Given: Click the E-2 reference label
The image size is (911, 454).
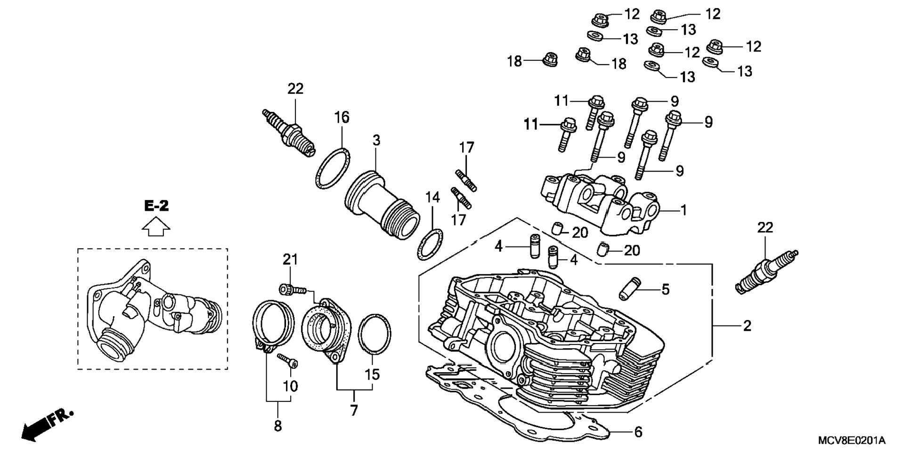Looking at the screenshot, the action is (156, 206).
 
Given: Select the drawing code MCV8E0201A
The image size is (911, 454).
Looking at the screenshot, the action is (851, 441).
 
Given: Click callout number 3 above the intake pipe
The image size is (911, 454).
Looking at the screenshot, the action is (376, 140).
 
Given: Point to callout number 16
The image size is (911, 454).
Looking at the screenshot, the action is (342, 117).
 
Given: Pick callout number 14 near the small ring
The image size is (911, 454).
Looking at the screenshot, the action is (432, 197).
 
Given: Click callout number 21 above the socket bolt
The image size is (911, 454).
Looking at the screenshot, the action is (290, 259).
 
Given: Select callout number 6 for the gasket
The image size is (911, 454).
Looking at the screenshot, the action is (638, 432).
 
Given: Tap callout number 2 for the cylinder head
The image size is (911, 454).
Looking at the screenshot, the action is (747, 326).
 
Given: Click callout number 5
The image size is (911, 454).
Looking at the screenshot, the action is (665, 289).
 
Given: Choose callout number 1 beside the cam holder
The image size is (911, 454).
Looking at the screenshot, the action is (683, 210).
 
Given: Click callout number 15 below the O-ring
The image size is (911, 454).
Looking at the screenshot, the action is (372, 374).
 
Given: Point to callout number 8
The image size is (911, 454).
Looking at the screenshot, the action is (278, 426).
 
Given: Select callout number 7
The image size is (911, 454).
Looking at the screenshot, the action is (354, 410).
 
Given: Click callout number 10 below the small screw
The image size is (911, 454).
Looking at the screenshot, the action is (290, 386).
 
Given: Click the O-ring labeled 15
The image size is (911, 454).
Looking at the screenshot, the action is (374, 334).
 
